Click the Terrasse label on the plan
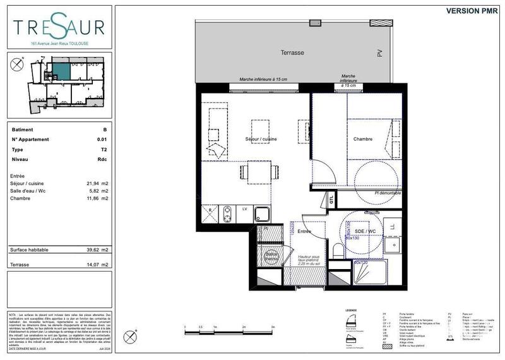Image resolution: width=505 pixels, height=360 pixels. coord(292,53)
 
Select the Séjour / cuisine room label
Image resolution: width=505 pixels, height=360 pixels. coord(261,139)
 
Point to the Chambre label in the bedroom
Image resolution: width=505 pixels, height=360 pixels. coord(362,139)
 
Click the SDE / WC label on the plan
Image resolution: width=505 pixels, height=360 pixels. coord(360,231)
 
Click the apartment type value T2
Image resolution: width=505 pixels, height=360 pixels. coord(104,150)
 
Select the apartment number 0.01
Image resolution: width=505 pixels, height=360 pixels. coord(102,140)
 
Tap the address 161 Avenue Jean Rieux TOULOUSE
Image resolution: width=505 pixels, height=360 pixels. coord(59,44)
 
